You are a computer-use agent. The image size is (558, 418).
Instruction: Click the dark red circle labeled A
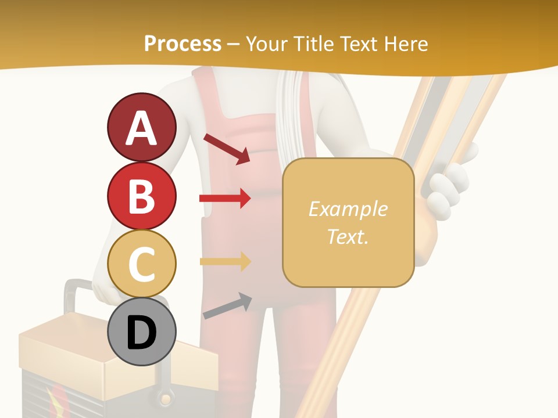pos(141,127)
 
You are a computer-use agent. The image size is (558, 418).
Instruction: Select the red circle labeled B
pos(141,196)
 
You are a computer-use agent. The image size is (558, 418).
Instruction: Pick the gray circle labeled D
pos(141,332)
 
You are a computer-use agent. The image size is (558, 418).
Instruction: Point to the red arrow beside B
pos(225,199)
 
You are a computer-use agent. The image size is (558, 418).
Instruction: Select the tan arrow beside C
pos(225,261)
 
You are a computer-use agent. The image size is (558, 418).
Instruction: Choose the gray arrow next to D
pos(227,307)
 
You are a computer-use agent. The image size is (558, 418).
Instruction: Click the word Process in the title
pos(183,44)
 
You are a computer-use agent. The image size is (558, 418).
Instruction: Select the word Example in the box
pos(348,209)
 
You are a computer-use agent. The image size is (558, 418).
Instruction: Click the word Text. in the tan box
pos(348,236)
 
